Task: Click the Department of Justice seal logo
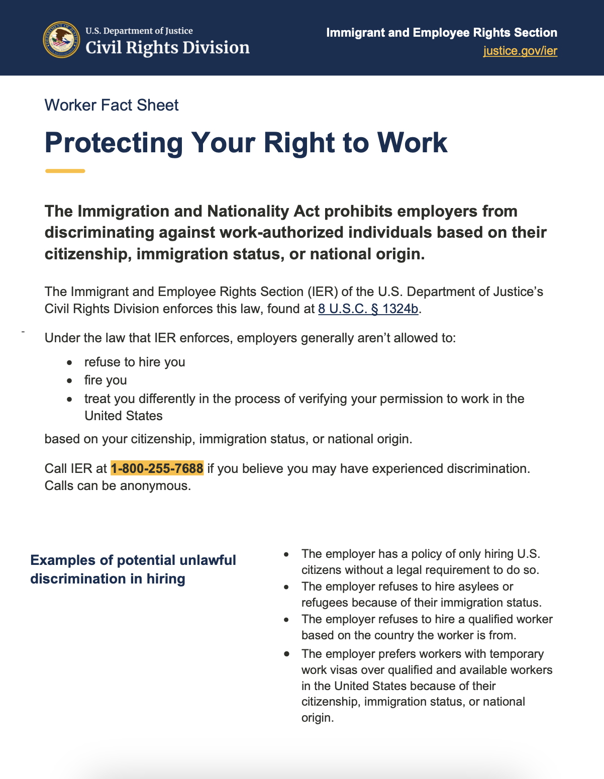61,40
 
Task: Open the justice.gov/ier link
520,51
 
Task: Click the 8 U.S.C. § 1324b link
368,309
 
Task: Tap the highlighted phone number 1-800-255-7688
157,468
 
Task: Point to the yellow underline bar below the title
65,171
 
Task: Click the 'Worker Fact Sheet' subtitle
112,105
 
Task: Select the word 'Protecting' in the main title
114,143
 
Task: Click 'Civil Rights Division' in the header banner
167,48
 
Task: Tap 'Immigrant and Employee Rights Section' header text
441,33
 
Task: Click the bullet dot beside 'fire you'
70,380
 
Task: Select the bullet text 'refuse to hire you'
135,362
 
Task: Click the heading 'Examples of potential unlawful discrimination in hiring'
133,569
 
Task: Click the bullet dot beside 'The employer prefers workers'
286,654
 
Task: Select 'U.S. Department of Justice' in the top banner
139,31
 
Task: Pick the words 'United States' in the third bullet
124,416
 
